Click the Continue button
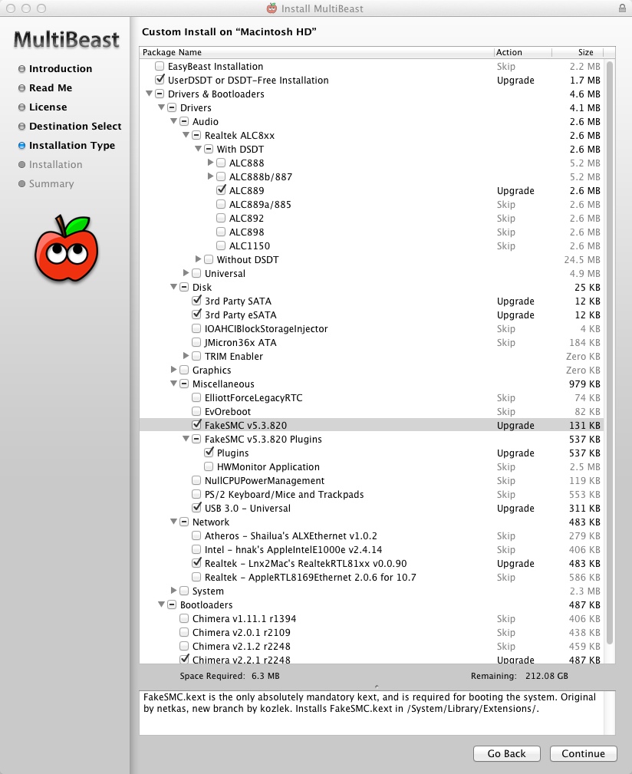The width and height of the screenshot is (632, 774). pos(583,753)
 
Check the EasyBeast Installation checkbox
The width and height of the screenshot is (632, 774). pos(160,67)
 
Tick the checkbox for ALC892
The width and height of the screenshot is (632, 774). pos(221,219)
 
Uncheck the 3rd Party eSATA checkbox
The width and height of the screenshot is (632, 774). pos(196,315)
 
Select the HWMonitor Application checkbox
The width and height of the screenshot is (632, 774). pos(209,467)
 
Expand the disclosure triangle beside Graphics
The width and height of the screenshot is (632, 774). pos(173,371)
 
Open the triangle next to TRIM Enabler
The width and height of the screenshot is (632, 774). pos(186,357)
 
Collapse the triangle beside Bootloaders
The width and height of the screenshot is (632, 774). pos(161,605)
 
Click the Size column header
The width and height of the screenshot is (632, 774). pos(585,53)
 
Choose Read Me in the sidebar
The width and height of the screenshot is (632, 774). pos(51,88)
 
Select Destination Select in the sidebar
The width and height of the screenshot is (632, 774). pos(75,127)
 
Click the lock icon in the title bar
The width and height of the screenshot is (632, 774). pos(622,8)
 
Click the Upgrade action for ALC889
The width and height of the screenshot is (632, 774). pos(515,191)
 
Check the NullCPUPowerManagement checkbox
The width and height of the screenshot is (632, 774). pos(196,481)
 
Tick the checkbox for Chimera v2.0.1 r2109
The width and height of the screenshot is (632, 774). pos(184,633)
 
